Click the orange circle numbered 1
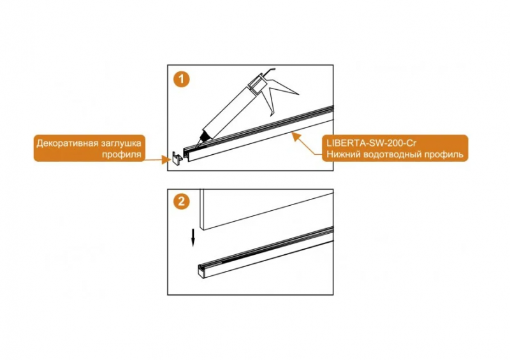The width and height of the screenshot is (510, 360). (182, 80)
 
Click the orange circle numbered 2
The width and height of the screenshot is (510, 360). (182, 201)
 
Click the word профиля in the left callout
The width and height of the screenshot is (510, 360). (122, 154)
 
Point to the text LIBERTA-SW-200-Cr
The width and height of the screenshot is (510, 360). (370, 143)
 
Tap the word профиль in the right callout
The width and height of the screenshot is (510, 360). (443, 154)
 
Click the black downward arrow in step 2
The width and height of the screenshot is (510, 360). (193, 238)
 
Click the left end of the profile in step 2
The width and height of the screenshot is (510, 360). (201, 271)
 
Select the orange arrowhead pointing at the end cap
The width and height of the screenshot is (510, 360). (166, 160)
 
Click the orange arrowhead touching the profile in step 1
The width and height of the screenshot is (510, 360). (295, 135)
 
